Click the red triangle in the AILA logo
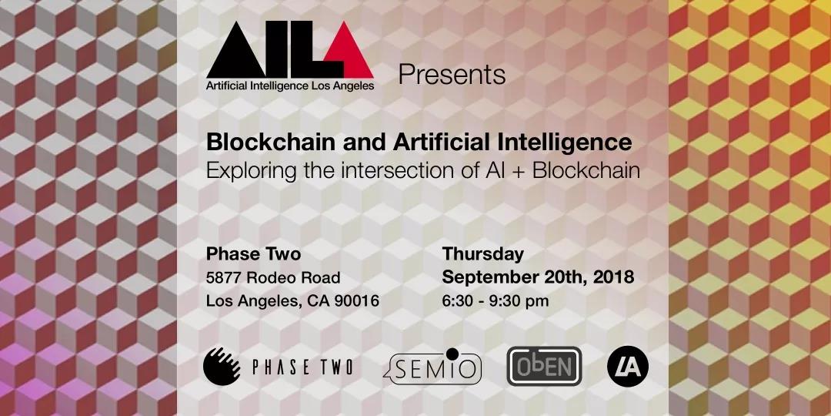[349, 53]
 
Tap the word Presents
[452, 75]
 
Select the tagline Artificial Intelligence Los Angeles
[290, 85]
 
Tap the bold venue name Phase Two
[253, 254]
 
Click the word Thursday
[482, 254]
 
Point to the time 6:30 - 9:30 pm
[495, 301]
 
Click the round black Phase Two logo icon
[222, 366]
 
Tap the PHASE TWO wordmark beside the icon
[302, 367]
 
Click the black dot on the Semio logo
[452, 354]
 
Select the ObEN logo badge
[544, 366]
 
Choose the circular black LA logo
[628, 366]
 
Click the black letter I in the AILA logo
[278, 50]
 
